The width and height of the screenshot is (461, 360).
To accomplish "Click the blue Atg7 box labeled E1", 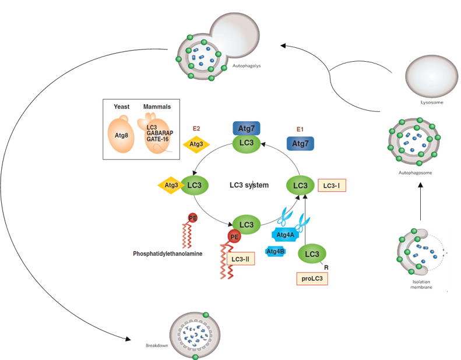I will (300, 143).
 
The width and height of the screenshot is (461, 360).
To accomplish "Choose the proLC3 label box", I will (311, 278).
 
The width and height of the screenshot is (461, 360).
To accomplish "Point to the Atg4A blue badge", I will (285, 234).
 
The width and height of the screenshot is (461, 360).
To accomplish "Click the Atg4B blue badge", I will (276, 251).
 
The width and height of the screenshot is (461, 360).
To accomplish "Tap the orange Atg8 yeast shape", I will (125, 137).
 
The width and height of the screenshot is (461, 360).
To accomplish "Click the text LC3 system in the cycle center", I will (249, 185).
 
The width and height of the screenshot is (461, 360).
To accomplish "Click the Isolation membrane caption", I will (420, 284).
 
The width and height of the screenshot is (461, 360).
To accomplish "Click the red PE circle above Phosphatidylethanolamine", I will (192, 218).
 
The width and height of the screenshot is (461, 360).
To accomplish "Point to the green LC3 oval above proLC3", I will (312, 254).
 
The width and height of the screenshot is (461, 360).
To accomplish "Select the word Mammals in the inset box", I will (158, 107).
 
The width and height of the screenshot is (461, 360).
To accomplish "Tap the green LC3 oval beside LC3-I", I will (300, 185).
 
